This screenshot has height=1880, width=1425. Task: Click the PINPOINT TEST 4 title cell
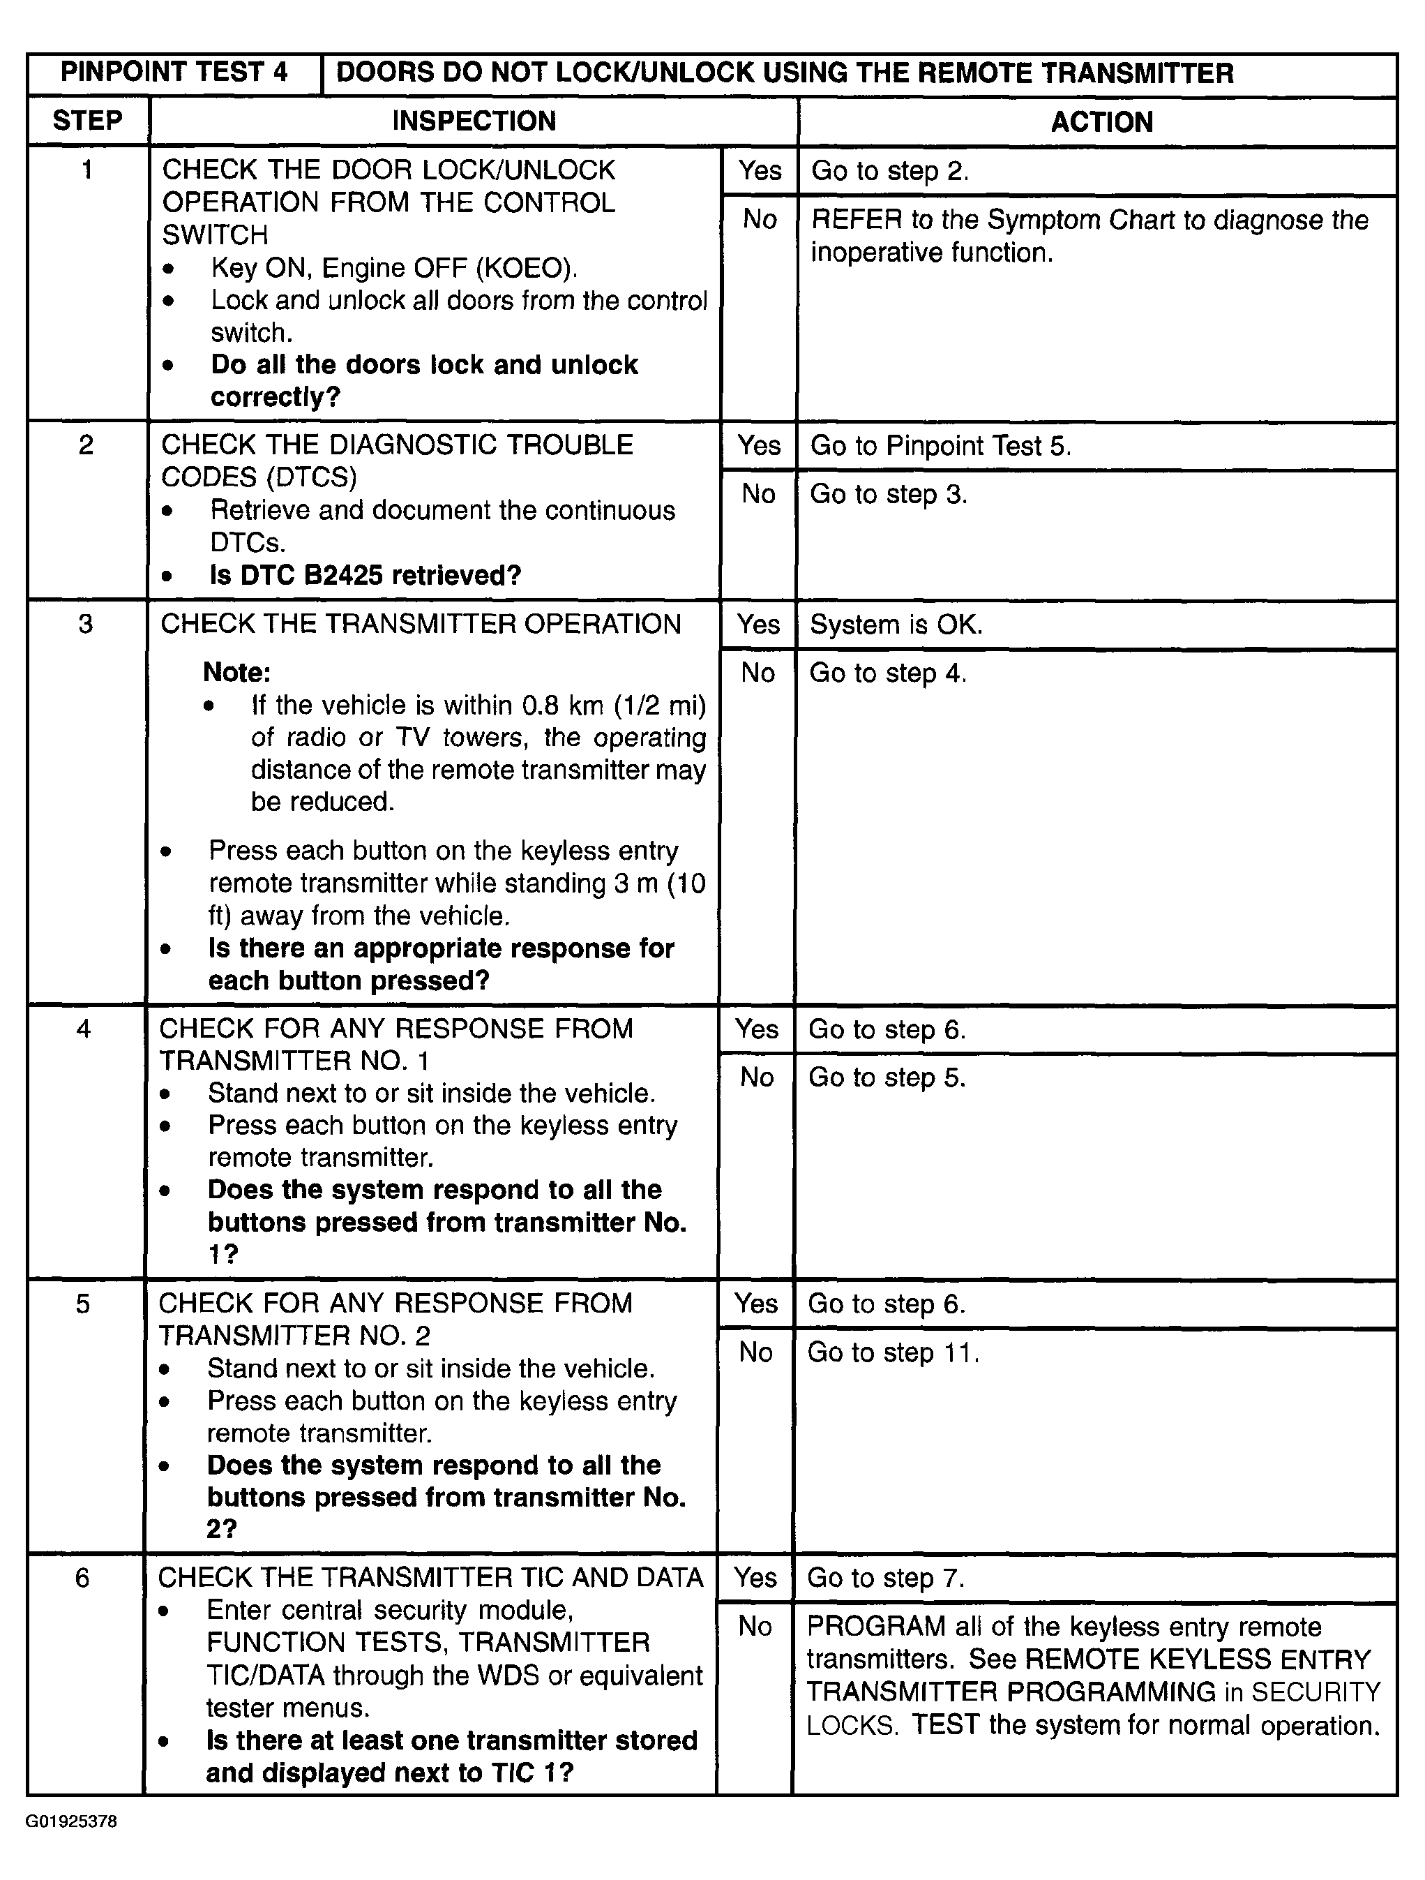[x=174, y=73]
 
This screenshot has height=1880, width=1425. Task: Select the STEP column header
[x=87, y=121]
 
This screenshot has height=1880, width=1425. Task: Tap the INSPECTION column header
[x=474, y=121]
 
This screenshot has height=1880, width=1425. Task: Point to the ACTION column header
[x=1101, y=121]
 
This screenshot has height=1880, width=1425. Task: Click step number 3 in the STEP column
[x=86, y=624]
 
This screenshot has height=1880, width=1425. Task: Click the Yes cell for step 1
[x=759, y=170]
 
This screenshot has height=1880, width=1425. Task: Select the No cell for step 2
[x=758, y=494]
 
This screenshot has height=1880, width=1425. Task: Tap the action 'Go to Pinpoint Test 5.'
[x=940, y=445]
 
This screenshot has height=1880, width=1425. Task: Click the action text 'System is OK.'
[x=896, y=625]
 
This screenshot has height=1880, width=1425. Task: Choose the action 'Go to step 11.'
[x=893, y=1352]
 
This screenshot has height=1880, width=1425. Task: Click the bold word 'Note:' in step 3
[x=236, y=672]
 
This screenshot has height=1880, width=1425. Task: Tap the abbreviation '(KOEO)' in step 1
[x=526, y=268]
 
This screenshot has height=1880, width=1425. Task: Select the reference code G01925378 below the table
[x=71, y=1821]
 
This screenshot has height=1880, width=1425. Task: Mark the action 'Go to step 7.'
[x=885, y=1579]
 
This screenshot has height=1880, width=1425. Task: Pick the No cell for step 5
[x=755, y=1352]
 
